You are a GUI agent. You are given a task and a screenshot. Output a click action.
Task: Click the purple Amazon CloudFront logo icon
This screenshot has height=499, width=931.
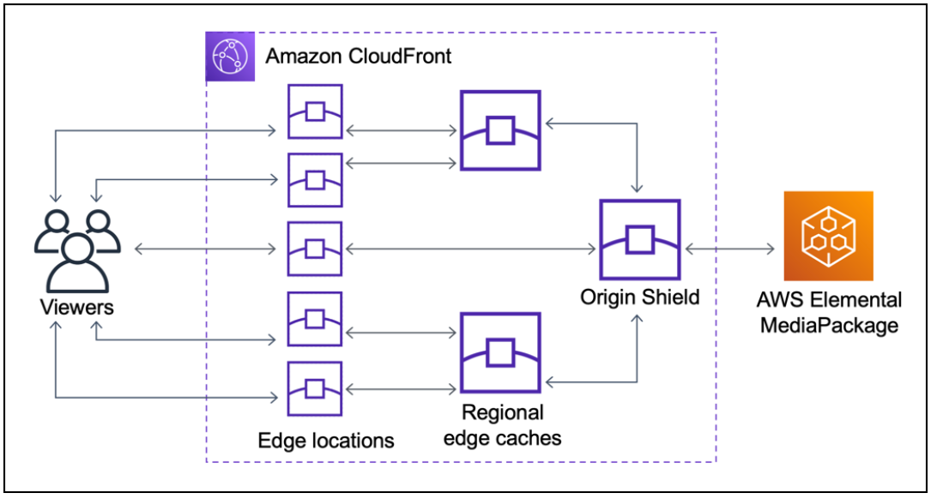[x=231, y=57]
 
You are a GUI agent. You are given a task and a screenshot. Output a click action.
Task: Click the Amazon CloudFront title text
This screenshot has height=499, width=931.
[x=359, y=57]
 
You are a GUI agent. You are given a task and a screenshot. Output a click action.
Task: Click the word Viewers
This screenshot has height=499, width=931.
[x=76, y=307]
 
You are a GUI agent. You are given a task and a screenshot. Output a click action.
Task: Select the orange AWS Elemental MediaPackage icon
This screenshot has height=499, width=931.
[x=827, y=236]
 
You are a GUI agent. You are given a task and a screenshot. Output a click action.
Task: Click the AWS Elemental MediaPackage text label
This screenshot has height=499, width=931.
[x=828, y=313]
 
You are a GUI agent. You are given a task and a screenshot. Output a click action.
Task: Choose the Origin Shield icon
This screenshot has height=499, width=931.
[x=639, y=240]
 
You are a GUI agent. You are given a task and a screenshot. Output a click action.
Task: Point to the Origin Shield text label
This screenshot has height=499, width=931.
[x=639, y=298]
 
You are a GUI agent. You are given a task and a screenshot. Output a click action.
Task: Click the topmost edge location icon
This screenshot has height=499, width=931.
[x=315, y=111]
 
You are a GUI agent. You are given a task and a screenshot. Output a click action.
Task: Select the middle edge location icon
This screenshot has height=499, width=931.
[x=315, y=249]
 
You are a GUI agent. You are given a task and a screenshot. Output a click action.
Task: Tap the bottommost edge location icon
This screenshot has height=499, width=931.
[x=315, y=388]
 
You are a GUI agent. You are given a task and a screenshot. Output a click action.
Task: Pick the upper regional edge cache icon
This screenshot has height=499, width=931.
[x=500, y=130]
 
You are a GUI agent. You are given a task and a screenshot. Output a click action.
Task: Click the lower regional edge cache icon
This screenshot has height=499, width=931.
[x=500, y=352]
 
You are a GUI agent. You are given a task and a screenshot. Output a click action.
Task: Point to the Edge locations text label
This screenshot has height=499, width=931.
[x=326, y=441]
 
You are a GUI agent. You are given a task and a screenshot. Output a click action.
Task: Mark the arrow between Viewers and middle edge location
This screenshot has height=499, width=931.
[x=206, y=249]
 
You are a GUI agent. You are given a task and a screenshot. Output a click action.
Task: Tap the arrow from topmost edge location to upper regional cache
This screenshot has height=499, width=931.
[x=400, y=132]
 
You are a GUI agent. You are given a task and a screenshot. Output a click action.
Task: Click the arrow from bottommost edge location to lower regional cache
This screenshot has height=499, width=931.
[x=400, y=388]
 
